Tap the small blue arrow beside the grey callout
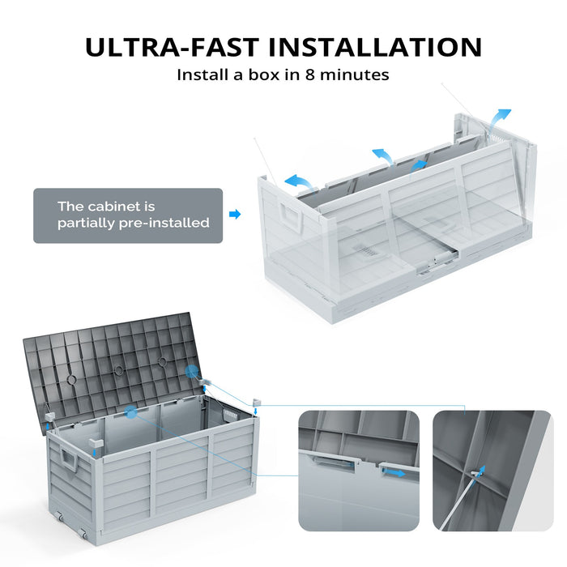pyautogui.click(x=235, y=215)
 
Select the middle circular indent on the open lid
pyautogui.click(x=119, y=369)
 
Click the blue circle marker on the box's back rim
pyautogui.click(x=130, y=411)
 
